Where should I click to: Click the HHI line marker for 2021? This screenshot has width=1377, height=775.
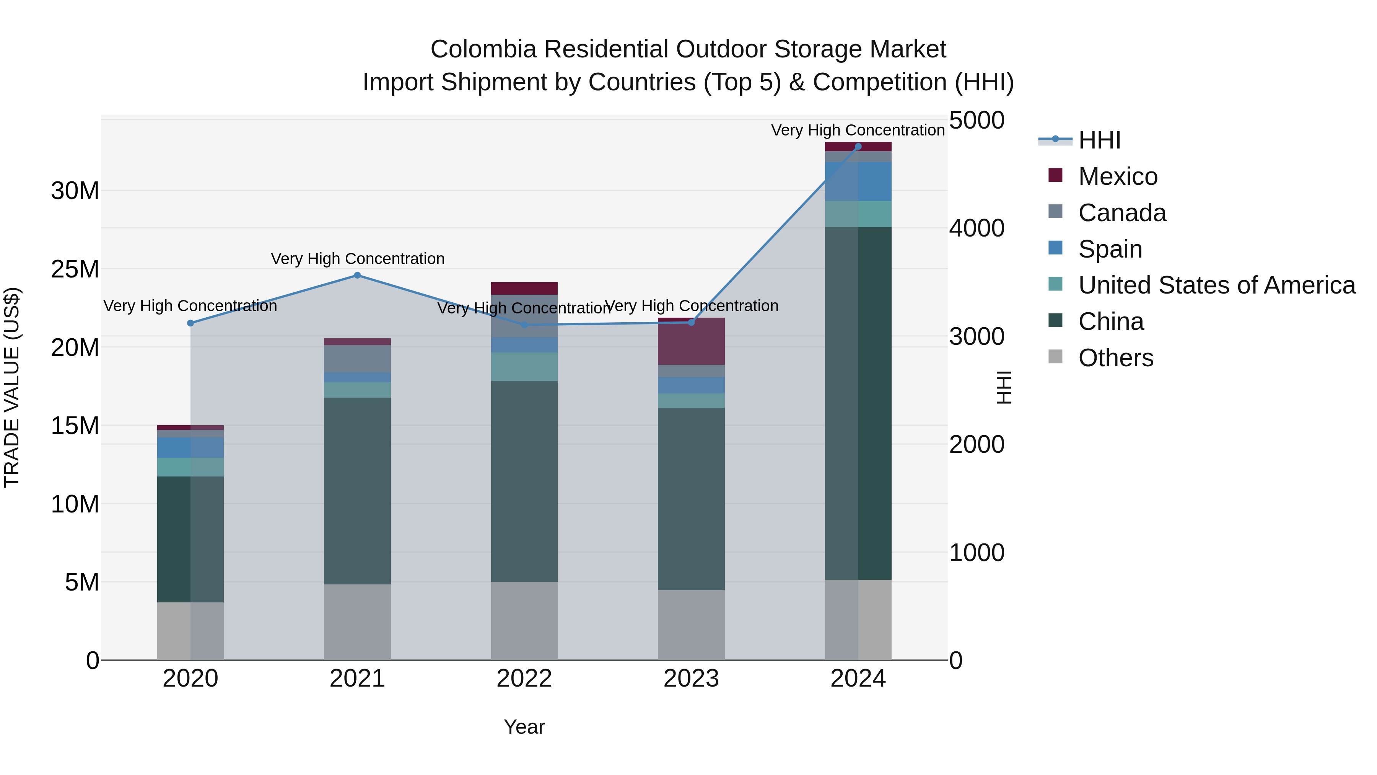tap(357, 276)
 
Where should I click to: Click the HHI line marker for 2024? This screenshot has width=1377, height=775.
tap(858, 147)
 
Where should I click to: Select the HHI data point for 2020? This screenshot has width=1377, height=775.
tap(190, 323)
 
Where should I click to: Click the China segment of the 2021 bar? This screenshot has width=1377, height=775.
tap(357, 491)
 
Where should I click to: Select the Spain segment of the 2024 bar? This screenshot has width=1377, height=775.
tap(858, 181)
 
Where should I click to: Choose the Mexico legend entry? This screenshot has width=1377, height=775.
tap(1117, 176)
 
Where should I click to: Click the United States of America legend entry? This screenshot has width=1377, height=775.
tap(1216, 285)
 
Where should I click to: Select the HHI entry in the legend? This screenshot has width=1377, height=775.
tap(1099, 140)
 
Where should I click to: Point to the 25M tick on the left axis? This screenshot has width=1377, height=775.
tap(75, 269)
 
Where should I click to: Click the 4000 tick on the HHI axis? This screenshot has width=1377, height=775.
tap(977, 228)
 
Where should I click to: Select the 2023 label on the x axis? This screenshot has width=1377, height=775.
tap(691, 679)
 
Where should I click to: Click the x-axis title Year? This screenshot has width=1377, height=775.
tap(524, 727)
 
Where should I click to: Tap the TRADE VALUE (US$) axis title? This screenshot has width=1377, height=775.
tap(12, 387)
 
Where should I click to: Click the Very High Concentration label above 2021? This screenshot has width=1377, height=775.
tap(357, 259)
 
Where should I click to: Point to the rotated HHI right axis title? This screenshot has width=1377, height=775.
tap(1004, 387)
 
